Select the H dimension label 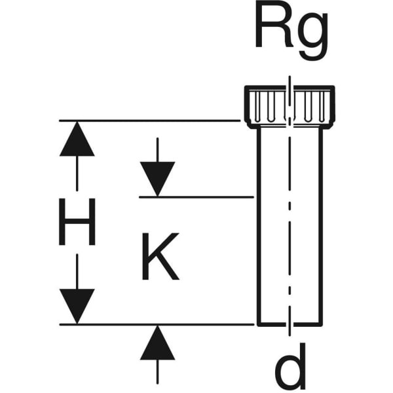coord(77,223)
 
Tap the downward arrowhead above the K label coord(157,179)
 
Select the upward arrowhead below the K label coord(157,343)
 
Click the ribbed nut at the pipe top coord(288,105)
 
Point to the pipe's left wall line coord(258,223)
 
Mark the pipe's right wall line coord(322,223)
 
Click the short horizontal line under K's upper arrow coord(196,196)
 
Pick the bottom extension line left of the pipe coord(157,324)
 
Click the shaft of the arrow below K coord(157,372)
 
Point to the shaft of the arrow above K coord(157,149)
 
